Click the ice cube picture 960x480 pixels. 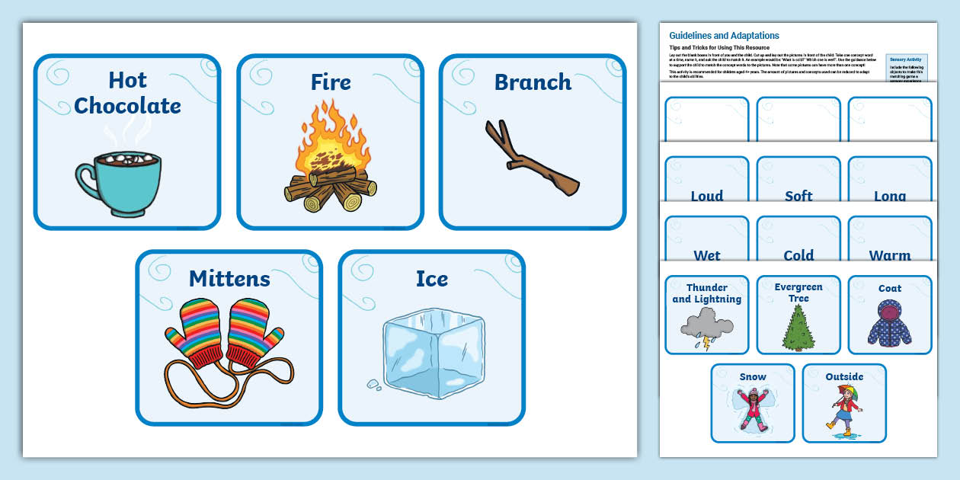point(431,355)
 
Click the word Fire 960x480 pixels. point(331,82)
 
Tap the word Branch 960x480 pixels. point(533,82)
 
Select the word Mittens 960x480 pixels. point(229,279)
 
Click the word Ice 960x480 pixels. point(431,279)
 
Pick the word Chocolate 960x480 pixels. point(127,106)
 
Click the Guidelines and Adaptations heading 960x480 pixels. point(724,36)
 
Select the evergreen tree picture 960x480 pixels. point(798,328)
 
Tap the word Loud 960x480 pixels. point(706,196)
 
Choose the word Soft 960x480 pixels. point(798,196)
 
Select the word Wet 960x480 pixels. point(706,255)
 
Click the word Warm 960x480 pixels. point(889,255)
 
